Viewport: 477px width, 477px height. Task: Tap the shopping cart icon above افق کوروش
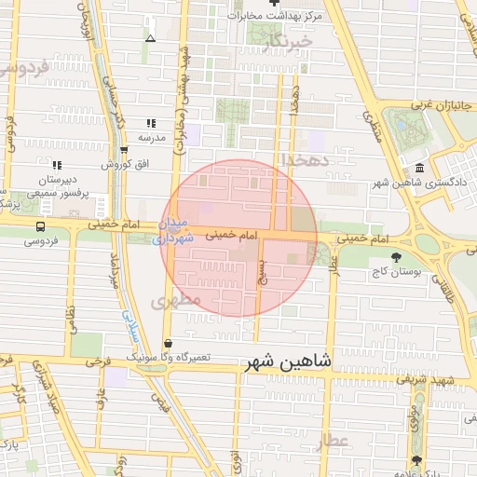[x=124, y=150]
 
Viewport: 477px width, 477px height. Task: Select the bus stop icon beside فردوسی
[x=39, y=226]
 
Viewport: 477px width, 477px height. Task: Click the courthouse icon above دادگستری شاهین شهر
[x=419, y=168]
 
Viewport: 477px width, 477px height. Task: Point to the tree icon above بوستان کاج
[x=398, y=255]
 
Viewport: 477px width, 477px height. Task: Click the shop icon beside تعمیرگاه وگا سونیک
[x=167, y=343]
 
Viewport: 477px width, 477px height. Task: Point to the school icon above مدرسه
[x=151, y=123]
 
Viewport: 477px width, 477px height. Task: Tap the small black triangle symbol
[x=151, y=38]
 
